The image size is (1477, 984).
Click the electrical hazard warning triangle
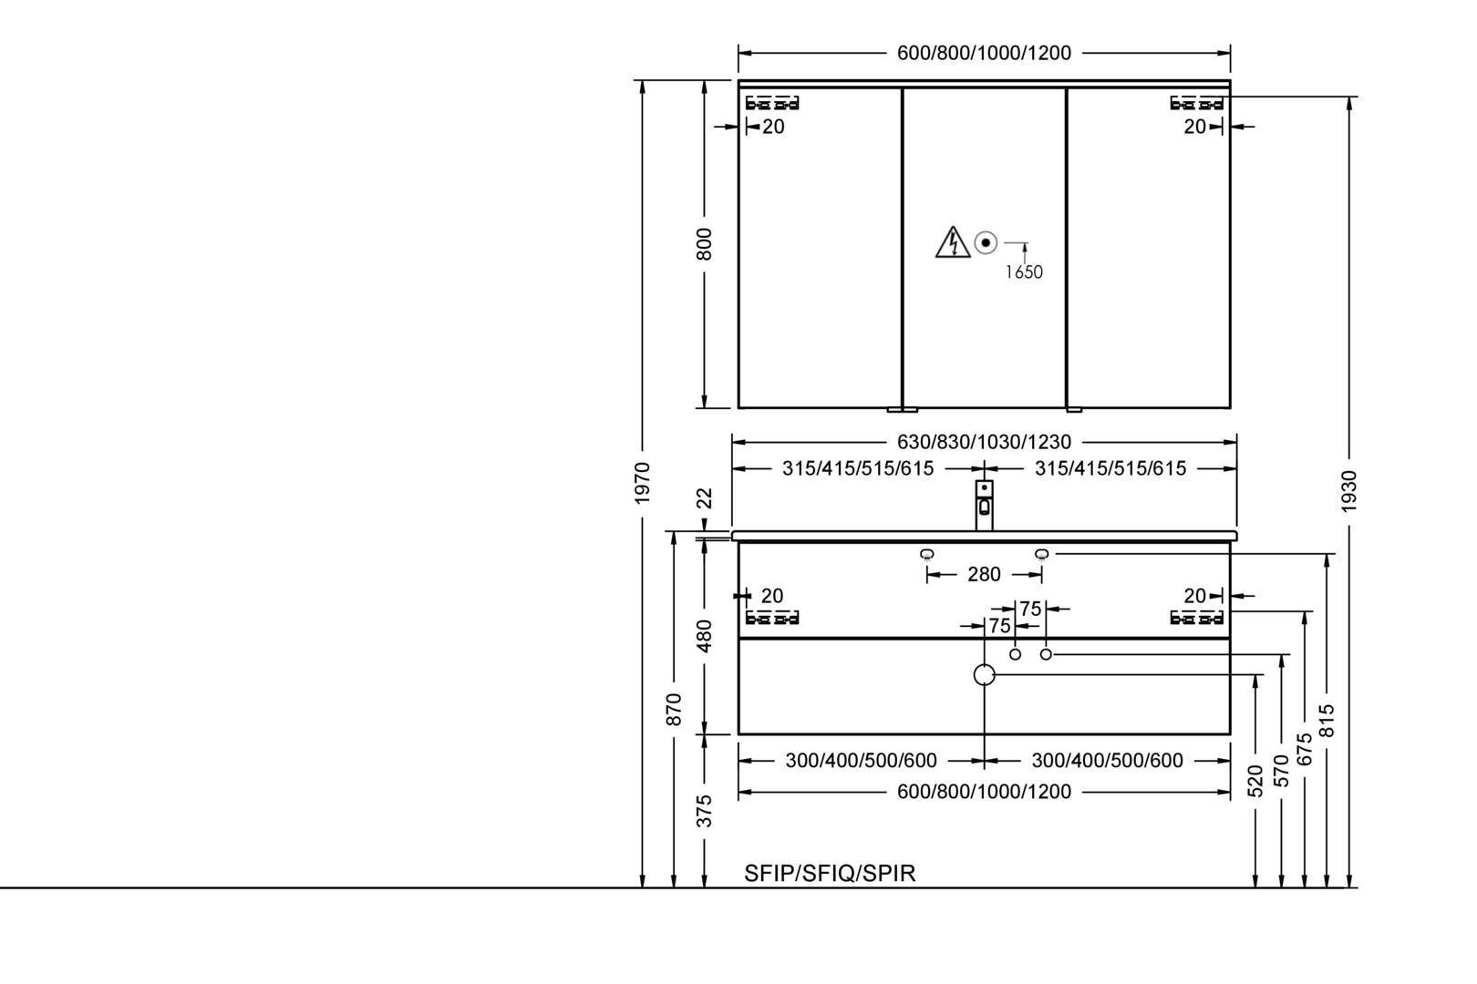coord(953,242)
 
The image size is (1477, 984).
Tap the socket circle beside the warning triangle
coord(986,242)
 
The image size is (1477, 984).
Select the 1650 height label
coord(1024,272)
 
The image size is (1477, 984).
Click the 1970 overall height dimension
coord(643,483)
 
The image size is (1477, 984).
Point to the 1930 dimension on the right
coord(1349,491)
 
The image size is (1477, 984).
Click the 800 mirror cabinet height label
coord(704,244)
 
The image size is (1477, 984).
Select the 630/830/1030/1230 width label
coord(985,442)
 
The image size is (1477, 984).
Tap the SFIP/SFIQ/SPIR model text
coord(831,873)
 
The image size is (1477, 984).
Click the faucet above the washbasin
coord(985,505)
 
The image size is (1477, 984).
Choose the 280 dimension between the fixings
coord(985,575)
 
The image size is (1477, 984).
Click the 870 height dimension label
coord(673,709)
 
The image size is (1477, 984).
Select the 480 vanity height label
coord(704,636)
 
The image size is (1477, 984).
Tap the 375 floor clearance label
coord(704,811)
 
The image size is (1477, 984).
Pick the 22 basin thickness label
coord(704,498)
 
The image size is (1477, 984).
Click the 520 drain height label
coord(1255,781)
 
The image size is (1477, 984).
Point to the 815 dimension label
coord(1327,721)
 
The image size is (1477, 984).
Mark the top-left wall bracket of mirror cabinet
coord(772,104)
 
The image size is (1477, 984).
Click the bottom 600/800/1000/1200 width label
coord(985,792)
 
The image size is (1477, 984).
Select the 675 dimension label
coord(1305,749)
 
